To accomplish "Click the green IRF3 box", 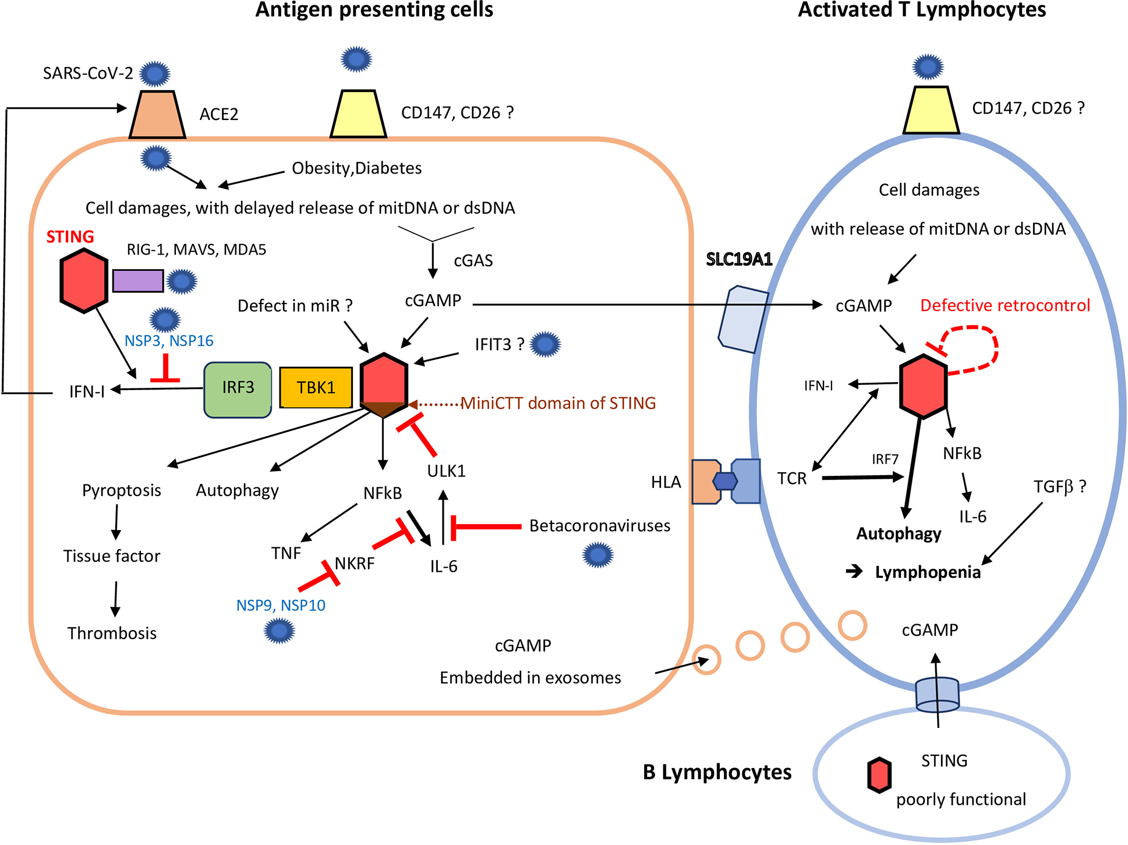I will [x=238, y=390].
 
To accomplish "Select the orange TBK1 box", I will [x=316, y=388].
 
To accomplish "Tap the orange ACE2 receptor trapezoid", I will [x=157, y=115].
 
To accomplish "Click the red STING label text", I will [x=70, y=237].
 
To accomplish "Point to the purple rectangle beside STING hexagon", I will [x=138, y=281].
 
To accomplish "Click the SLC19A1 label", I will [x=739, y=259].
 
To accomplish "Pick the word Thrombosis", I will [x=112, y=633].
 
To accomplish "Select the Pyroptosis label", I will [x=121, y=490].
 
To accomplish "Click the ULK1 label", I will [x=447, y=471].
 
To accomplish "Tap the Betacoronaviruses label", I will [x=599, y=526].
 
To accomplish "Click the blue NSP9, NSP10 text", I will [x=281, y=606].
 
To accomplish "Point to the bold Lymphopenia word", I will [x=928, y=572].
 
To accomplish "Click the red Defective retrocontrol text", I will [x=1005, y=306].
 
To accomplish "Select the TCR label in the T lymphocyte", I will [x=792, y=479].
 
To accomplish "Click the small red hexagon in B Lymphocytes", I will [x=879, y=775].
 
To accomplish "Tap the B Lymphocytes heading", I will [x=717, y=772].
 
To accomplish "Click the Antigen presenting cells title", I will [x=374, y=10].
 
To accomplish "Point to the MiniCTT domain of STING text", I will [x=558, y=403].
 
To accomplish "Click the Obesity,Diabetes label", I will [x=356, y=168].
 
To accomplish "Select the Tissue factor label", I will [x=112, y=556].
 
